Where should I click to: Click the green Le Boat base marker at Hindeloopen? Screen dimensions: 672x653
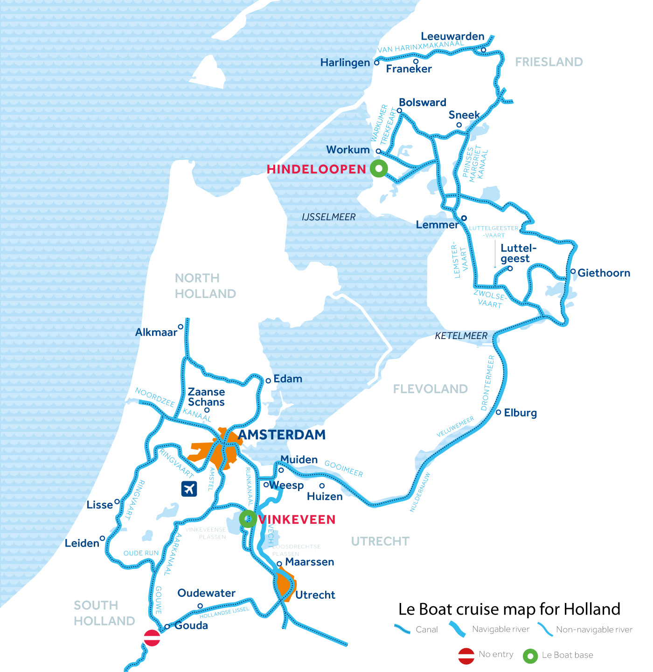tap(379, 168)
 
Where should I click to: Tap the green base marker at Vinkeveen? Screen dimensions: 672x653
tap(248, 518)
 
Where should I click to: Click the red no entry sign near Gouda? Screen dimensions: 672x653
tap(152, 637)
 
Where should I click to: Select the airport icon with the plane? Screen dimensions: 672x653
tap(189, 489)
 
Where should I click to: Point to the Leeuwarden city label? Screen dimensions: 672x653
tap(452, 36)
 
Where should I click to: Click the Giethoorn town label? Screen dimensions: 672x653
tap(604, 273)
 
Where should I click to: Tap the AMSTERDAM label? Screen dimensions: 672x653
tap(282, 435)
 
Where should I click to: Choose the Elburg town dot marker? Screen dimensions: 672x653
tap(498, 412)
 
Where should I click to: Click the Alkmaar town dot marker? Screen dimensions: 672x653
tap(181, 327)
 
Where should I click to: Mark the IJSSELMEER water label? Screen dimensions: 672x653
tap(328, 217)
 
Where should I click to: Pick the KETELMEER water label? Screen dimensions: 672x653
tap(461, 336)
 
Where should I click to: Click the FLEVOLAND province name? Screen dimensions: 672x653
tap(430, 389)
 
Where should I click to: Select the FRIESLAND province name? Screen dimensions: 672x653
tap(549, 62)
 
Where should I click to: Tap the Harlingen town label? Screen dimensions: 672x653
tap(345, 62)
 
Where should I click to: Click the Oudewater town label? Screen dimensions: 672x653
tap(206, 593)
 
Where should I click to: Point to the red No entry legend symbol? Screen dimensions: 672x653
tap(466, 655)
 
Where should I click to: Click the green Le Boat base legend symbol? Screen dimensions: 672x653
tap(530, 656)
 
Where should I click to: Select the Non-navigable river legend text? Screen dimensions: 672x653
tap(594, 630)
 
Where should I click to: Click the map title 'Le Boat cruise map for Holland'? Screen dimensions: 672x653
tap(509, 609)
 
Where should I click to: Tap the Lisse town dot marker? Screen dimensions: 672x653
tap(117, 502)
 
